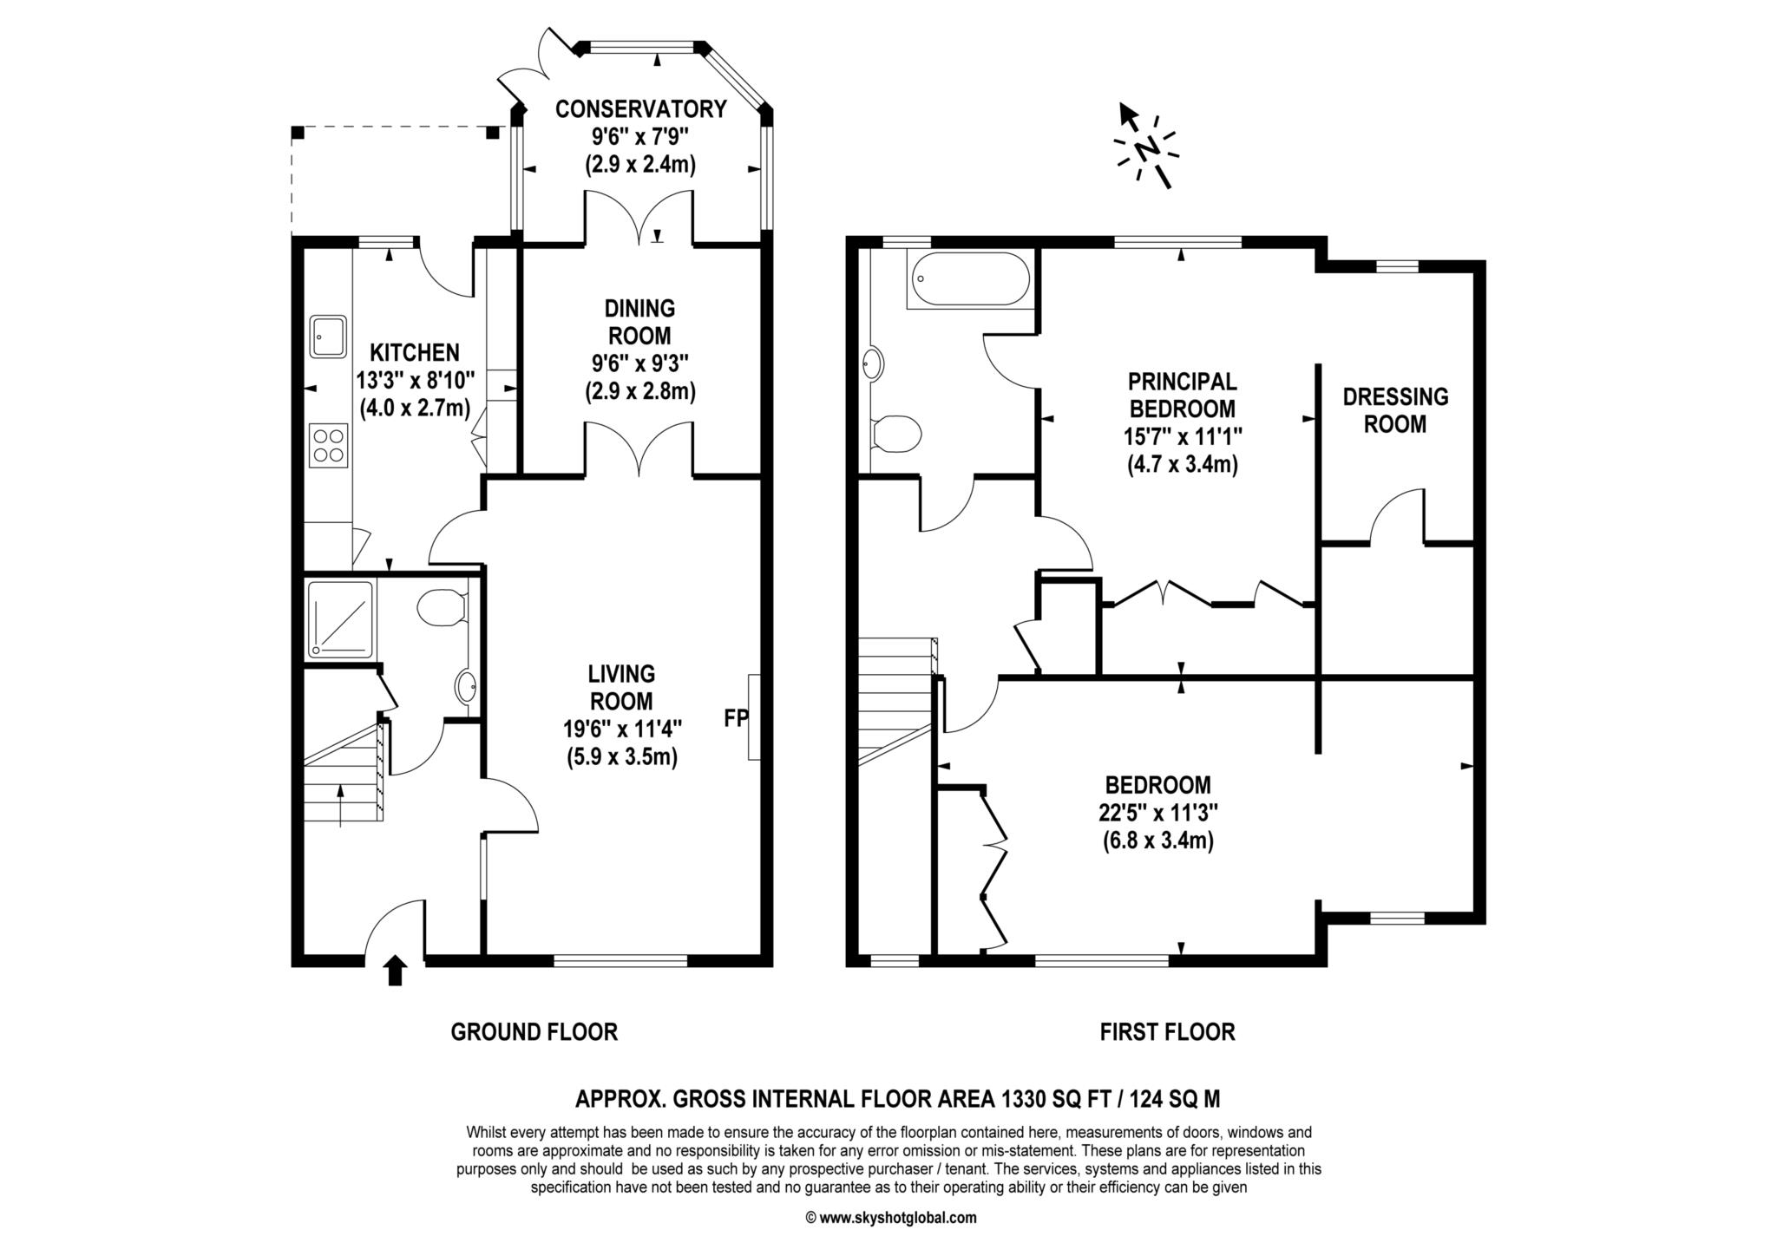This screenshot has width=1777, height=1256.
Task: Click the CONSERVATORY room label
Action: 640,109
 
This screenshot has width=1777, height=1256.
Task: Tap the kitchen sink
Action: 328,337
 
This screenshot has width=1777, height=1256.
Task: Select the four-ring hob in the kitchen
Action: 329,446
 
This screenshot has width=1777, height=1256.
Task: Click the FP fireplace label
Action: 736,718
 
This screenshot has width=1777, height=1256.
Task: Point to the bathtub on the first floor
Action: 968,279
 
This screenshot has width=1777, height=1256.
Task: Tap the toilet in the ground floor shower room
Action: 443,607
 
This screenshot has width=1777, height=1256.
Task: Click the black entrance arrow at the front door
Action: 395,971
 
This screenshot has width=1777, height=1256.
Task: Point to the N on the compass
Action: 1147,149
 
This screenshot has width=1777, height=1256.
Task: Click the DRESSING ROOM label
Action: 1395,410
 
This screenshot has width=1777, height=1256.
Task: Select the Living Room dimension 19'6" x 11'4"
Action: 621,729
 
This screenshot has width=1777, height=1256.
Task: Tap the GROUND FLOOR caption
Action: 534,1032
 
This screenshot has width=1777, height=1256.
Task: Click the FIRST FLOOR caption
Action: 1167,1032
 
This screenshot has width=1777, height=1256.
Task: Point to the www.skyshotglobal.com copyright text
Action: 892,1218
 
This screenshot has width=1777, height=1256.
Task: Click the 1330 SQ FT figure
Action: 1059,1100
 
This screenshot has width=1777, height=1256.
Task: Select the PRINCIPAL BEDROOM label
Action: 1182,395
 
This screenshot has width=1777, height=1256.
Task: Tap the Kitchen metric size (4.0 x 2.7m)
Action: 415,407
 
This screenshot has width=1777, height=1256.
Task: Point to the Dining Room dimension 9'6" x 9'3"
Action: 640,363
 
